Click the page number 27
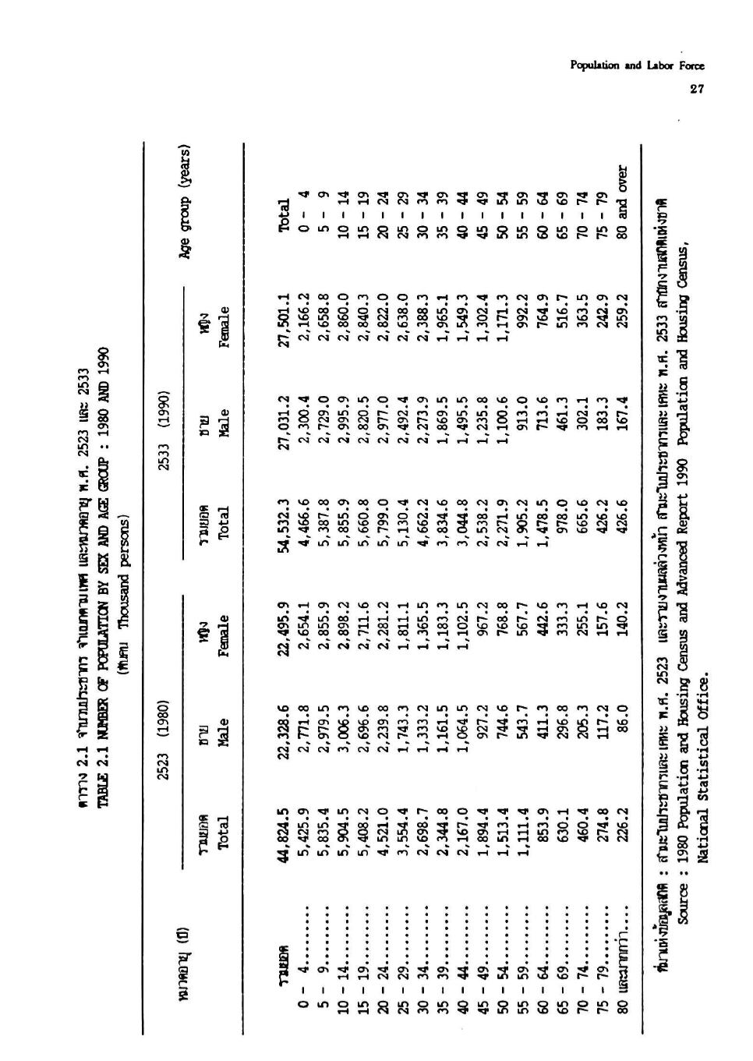[x=696, y=89]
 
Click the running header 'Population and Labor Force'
[x=638, y=66]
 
